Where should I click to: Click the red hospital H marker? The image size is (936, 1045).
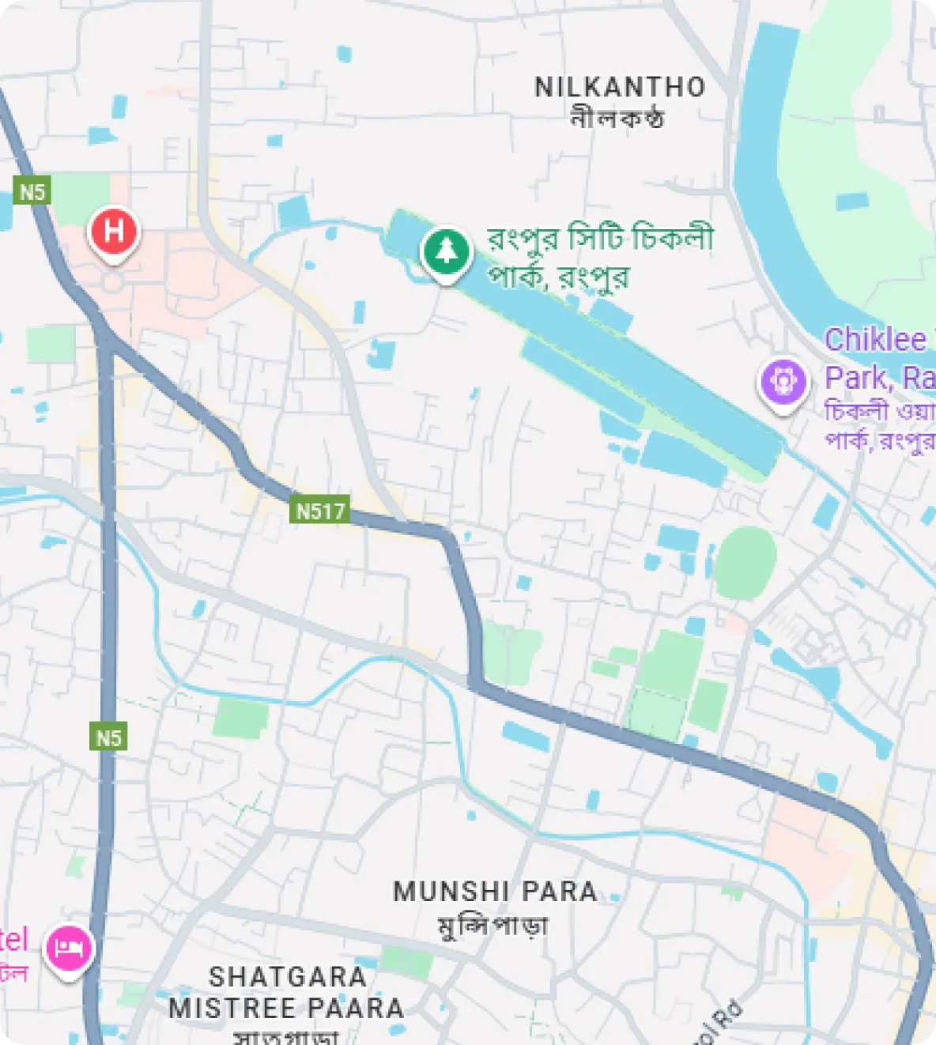114,232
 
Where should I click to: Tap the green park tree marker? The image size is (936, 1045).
447,251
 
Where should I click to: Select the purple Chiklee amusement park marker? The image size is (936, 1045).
783,382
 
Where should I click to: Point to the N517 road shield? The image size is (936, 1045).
320,511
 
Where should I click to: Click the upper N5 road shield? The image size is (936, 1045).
32,191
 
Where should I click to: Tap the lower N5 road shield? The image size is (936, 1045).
108,738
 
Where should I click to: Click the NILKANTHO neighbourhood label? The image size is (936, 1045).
620,87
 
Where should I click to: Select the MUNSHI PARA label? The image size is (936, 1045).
495,892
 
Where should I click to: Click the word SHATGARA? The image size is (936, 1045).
288,977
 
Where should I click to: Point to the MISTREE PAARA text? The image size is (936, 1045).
286,1009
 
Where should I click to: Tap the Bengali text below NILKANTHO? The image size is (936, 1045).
617,118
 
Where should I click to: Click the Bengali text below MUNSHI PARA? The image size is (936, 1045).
493,924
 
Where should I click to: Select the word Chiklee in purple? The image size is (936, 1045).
875,340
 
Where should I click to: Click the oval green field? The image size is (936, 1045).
745,562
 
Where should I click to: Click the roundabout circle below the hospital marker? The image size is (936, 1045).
113,281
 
